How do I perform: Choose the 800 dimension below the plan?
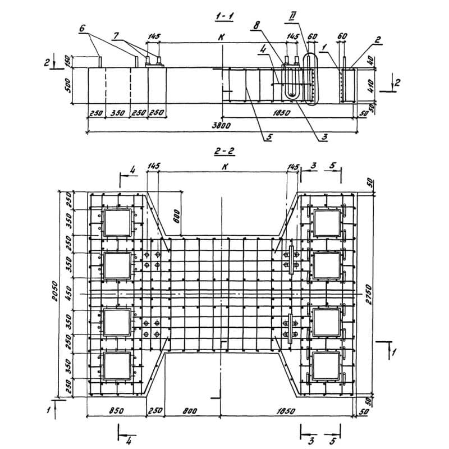(190, 411)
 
